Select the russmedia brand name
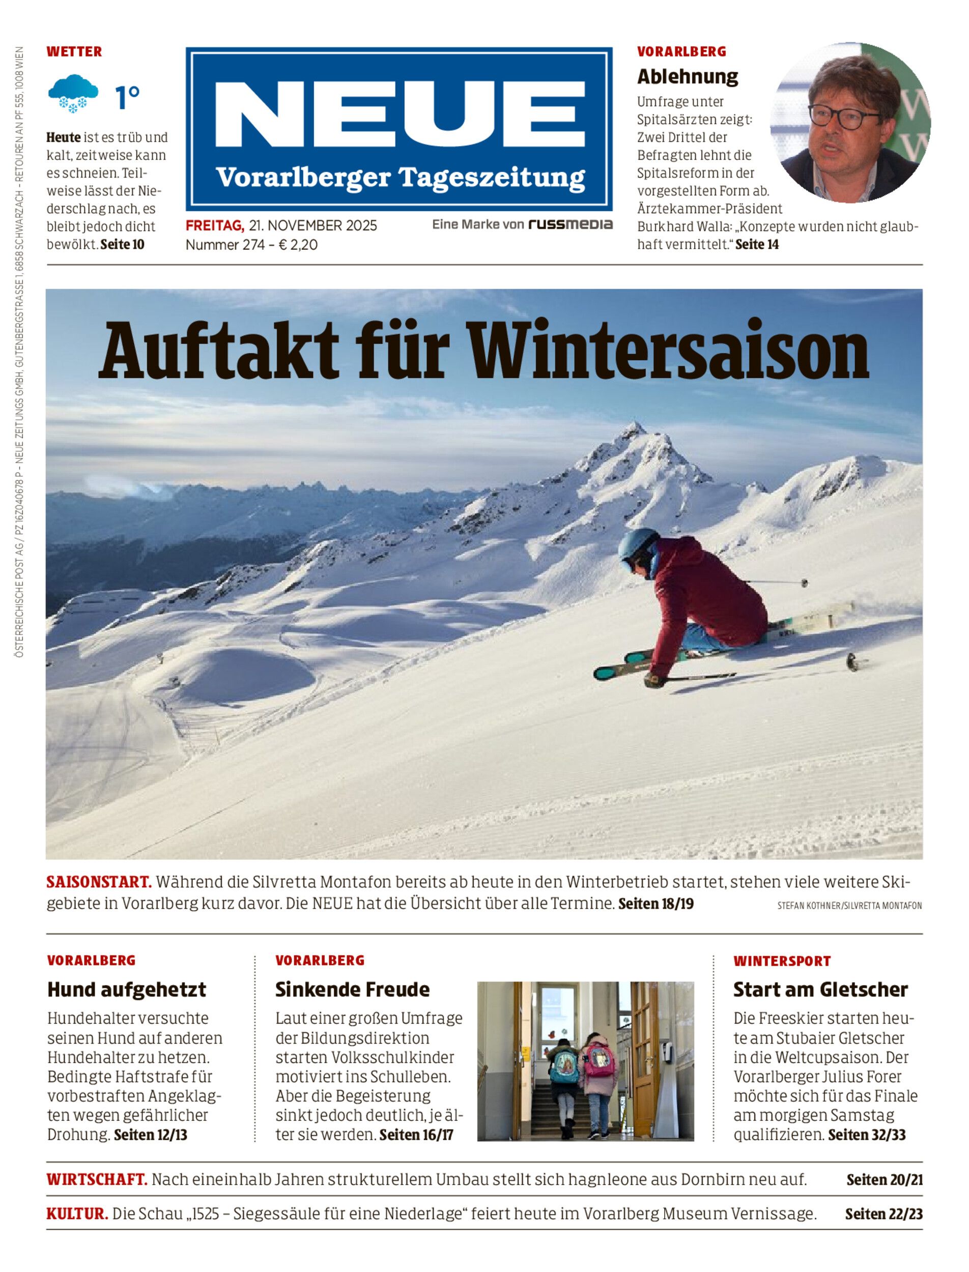pyautogui.click(x=571, y=224)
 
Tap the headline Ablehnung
pyautogui.click(x=688, y=76)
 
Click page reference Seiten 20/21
pyautogui.click(x=884, y=1180)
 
